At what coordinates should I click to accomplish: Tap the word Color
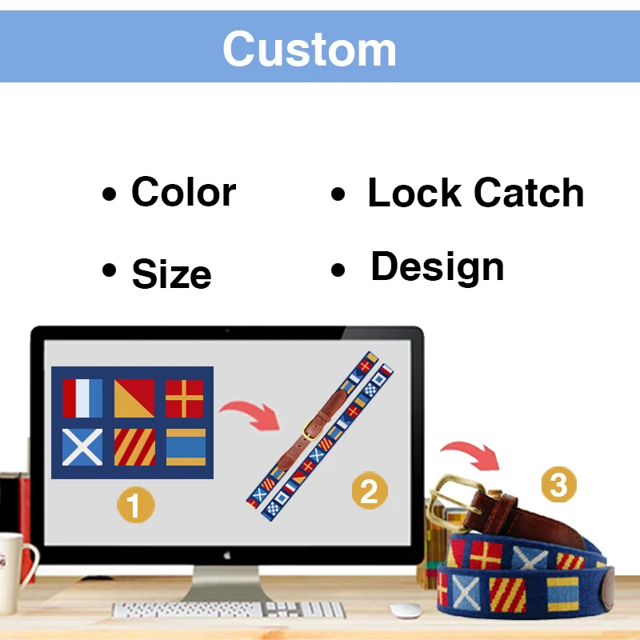[183, 193]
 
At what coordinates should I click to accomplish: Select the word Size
[171, 274]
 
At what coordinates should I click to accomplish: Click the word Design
[437, 267]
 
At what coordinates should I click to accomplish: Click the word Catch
[529, 193]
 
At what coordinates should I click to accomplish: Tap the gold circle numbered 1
[136, 504]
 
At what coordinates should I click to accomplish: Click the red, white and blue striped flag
[83, 398]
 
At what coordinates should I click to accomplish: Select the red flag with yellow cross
[185, 398]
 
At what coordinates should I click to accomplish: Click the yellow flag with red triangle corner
[134, 398]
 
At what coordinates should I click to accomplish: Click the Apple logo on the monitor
[227, 554]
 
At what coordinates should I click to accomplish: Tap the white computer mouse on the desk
[406, 610]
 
